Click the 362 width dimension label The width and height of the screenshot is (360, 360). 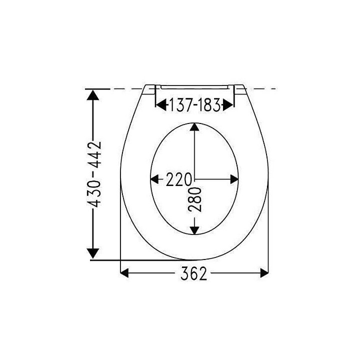pyautogui.click(x=193, y=273)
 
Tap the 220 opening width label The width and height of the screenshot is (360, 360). pyautogui.click(x=178, y=179)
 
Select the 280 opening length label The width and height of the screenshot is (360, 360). pyautogui.click(x=194, y=199)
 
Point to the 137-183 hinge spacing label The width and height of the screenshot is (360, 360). pyautogui.click(x=194, y=105)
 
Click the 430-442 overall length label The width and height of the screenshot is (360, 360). pyautogui.click(x=94, y=174)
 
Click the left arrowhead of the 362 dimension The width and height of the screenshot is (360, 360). pyautogui.click(x=124, y=273)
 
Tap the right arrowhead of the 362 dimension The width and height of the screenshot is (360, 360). pyautogui.click(x=264, y=273)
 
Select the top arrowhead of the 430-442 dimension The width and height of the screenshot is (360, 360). pyautogui.click(x=93, y=95)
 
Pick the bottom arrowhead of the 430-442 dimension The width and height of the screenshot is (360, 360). pyautogui.click(x=93, y=253)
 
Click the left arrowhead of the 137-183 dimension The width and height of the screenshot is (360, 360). pyautogui.click(x=161, y=105)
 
